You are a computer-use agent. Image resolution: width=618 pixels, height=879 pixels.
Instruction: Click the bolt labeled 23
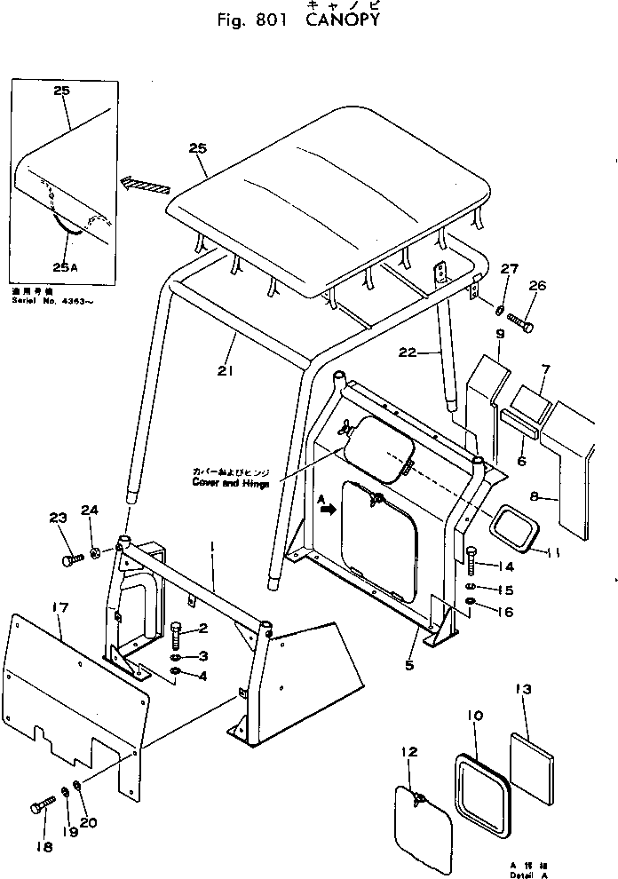pyautogui.click(x=70, y=560)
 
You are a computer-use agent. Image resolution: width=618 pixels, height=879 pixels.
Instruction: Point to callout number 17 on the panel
pyautogui.click(x=59, y=607)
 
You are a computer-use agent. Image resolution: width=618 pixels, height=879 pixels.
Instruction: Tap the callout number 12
pyautogui.click(x=408, y=751)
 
